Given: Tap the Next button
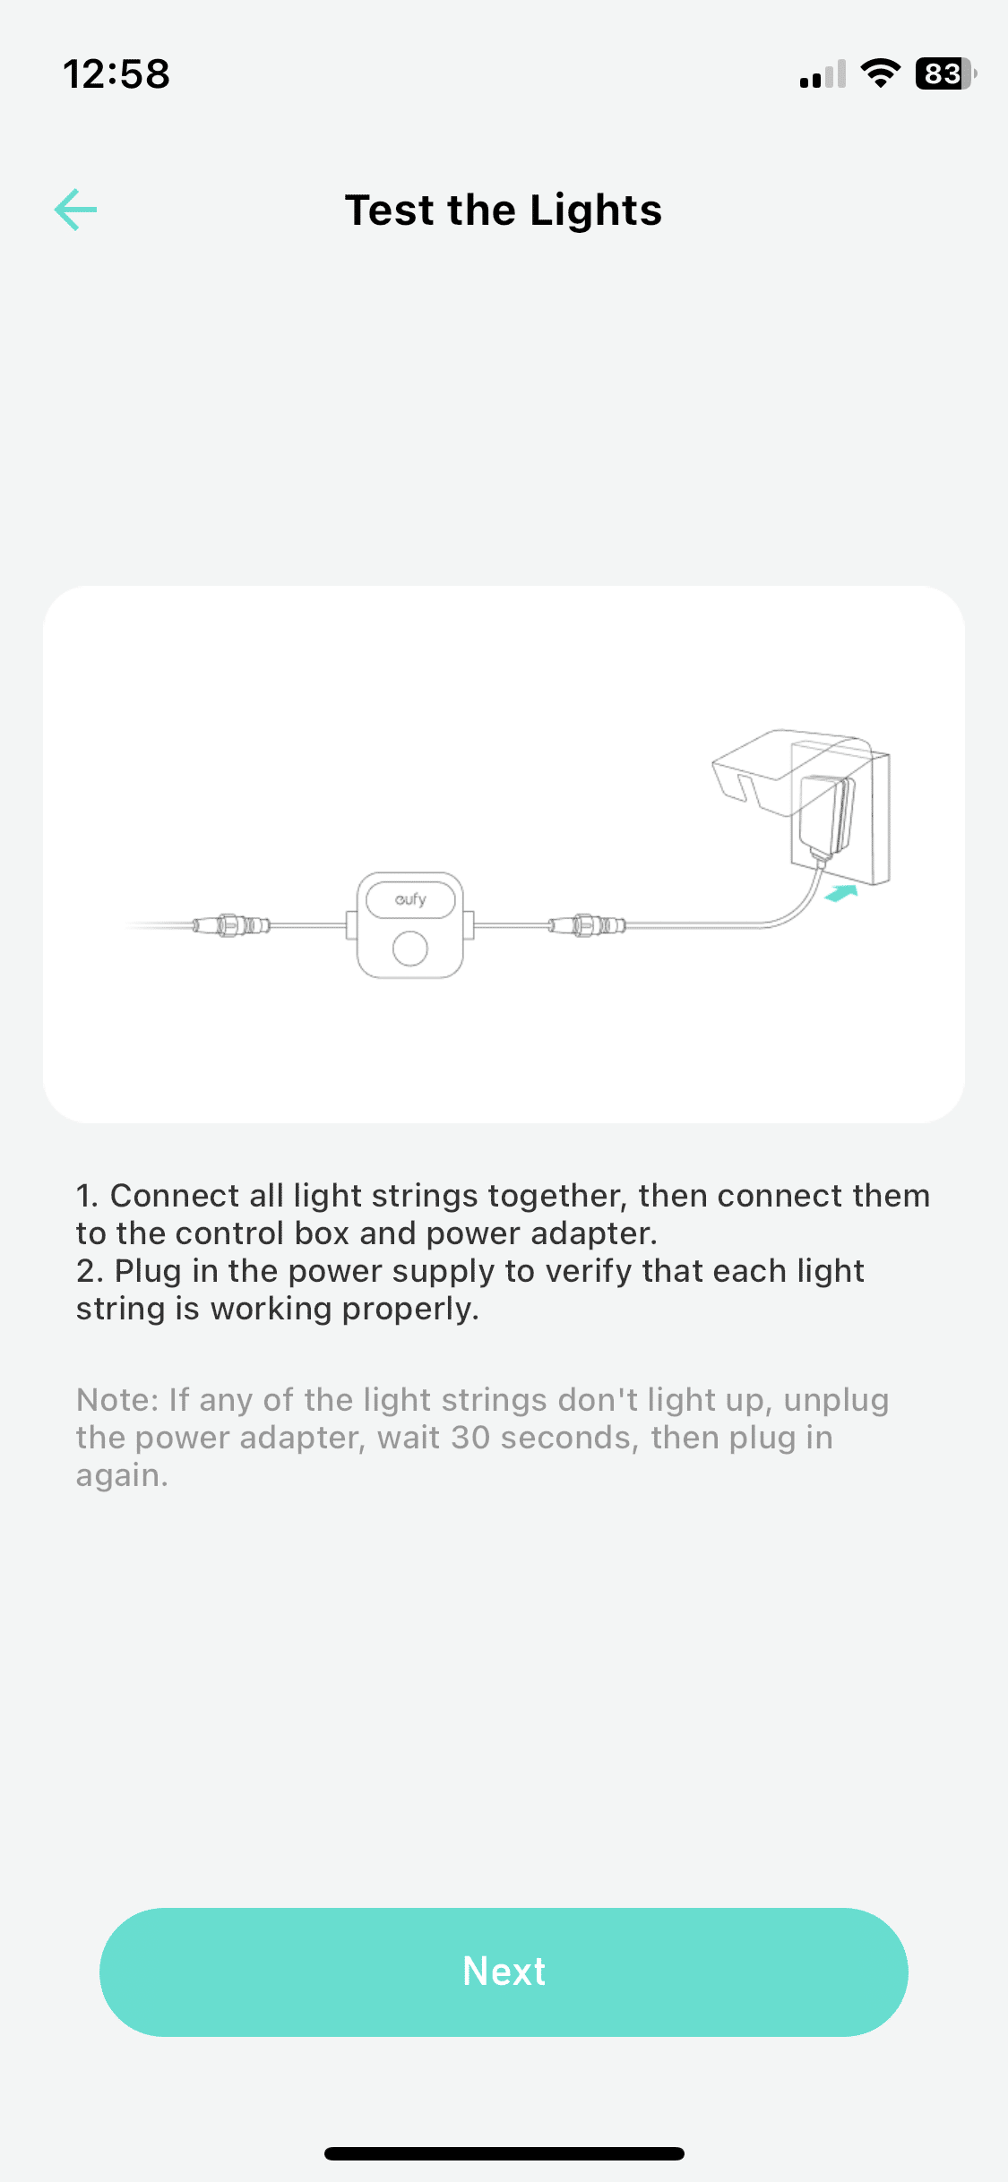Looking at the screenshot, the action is tap(504, 1972).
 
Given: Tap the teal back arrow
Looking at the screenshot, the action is tap(75, 210).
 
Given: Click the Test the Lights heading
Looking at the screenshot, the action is tap(504, 210).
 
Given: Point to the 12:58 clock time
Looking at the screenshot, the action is tap(116, 73).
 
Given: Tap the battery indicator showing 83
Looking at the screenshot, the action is tap(945, 73).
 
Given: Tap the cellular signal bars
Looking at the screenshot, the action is tap(823, 74).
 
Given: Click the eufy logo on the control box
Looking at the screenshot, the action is tap(410, 898).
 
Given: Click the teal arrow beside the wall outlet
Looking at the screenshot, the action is tap(842, 893).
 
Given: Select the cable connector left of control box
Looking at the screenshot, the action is tap(231, 924).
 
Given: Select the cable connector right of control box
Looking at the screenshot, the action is tap(588, 924).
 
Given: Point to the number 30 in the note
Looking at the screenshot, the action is tap(470, 1437).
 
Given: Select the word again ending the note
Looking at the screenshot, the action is tap(122, 1476).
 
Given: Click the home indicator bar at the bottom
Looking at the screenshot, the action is tap(504, 2153).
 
